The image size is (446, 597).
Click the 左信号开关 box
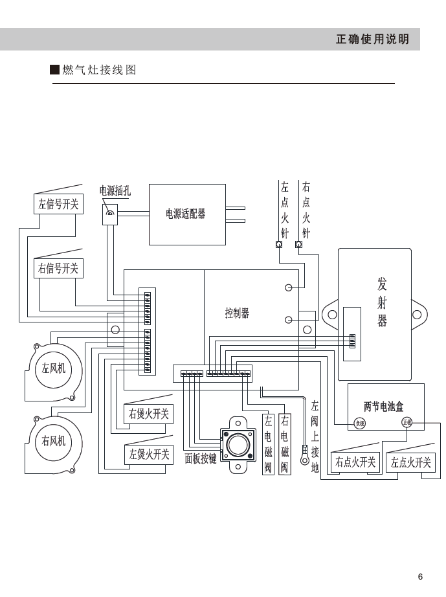[58, 204]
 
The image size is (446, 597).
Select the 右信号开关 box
[58, 268]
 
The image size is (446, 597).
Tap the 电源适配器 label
[186, 214]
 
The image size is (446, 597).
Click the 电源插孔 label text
[115, 190]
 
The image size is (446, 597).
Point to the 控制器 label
[237, 313]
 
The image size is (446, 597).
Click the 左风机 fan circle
[53, 368]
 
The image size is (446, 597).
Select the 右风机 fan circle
[53, 440]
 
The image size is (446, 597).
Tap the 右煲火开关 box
[148, 414]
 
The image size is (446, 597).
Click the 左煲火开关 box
[148, 455]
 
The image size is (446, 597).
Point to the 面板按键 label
[201, 458]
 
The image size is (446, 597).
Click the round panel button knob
[237, 445]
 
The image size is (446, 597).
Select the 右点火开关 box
[355, 462]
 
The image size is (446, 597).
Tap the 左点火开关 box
[410, 462]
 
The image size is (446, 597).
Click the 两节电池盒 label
[383, 407]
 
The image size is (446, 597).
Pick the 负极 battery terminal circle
[360, 423]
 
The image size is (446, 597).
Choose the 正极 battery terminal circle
[407, 422]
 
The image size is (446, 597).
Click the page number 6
[420, 577]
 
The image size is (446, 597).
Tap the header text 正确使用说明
[372, 39]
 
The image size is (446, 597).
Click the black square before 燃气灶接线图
[55, 70]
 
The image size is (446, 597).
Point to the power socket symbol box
[110, 214]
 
